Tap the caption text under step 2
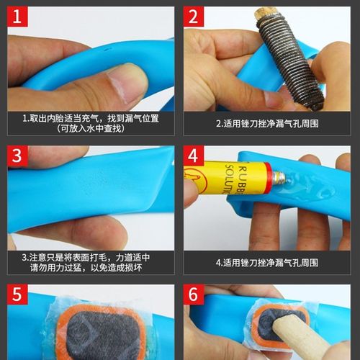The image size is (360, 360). coord(267,123)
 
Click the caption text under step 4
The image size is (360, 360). coord(267,263)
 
